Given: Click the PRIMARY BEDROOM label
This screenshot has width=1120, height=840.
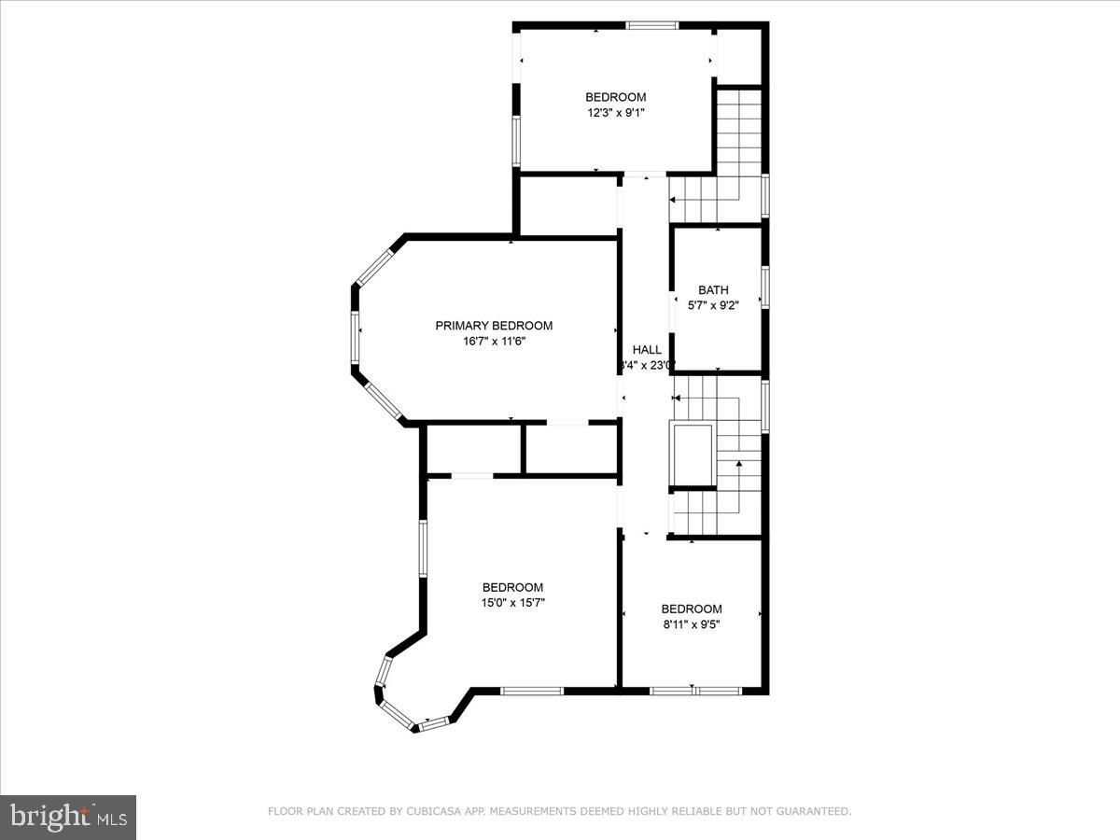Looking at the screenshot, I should [x=494, y=326].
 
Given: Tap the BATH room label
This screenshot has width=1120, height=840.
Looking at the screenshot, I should [x=713, y=290].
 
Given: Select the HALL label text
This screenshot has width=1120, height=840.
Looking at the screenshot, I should [x=647, y=350].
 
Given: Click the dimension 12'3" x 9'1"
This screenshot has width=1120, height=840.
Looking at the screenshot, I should [x=615, y=113].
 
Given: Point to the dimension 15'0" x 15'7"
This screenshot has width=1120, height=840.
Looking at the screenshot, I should [x=512, y=603].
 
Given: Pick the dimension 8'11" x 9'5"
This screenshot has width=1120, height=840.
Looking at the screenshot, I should [x=692, y=624].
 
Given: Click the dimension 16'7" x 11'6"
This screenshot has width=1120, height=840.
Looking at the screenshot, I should [x=494, y=342].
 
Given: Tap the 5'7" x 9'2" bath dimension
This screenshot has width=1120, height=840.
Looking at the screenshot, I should [x=713, y=305].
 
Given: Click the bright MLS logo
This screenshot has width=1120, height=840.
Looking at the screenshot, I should [x=68, y=818].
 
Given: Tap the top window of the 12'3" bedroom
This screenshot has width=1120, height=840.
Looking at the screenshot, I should [x=651, y=25].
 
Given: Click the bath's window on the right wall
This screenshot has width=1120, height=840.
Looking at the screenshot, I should [x=764, y=287].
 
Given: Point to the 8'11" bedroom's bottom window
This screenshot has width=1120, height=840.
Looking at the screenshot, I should [x=695, y=691].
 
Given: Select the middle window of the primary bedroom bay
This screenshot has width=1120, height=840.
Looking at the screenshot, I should [x=356, y=337].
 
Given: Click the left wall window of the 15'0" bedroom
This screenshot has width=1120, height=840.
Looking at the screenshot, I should [x=423, y=548].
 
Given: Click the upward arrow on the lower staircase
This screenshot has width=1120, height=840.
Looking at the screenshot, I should [x=738, y=463].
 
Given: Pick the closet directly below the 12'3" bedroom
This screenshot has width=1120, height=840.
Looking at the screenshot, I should [x=567, y=205].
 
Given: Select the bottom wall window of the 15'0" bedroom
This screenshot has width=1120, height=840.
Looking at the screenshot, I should [x=532, y=691].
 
